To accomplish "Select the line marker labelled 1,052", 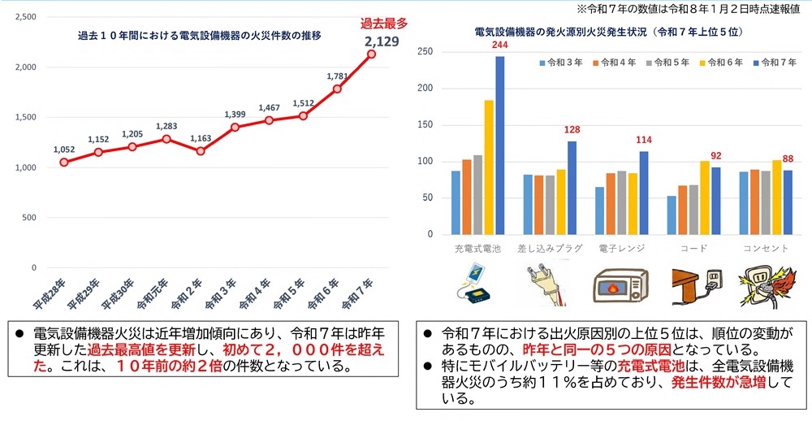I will click(x=64, y=162).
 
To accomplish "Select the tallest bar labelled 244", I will click(x=499, y=145).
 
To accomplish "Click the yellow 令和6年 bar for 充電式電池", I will click(x=489, y=167).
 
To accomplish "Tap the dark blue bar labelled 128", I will click(x=572, y=187).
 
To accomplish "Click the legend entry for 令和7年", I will click(x=769, y=62).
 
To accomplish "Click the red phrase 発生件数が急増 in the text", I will click(x=720, y=383).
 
